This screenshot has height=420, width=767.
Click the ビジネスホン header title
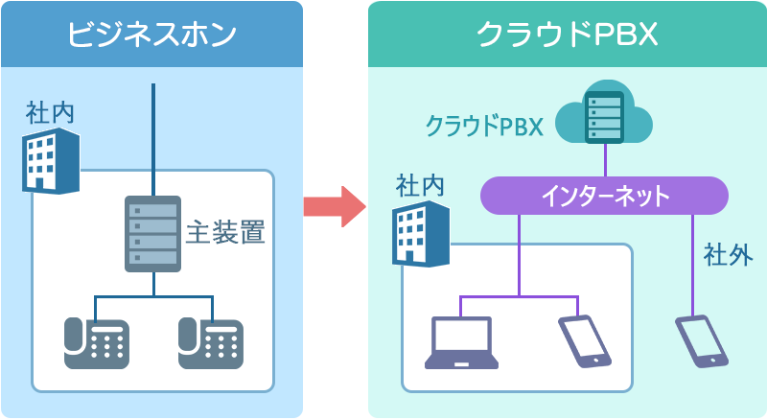pyautogui.click(x=151, y=35)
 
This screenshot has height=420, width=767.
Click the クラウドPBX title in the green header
pyautogui.click(x=566, y=35)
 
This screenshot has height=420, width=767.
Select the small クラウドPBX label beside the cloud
pyautogui.click(x=484, y=127)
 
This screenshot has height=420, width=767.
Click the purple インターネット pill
pyautogui.click(x=604, y=197)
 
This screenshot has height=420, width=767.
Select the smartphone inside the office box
pyautogui.click(x=585, y=339)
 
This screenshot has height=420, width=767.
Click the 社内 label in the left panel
pyautogui.click(x=50, y=113)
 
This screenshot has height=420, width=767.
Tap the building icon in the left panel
pyautogui.click(x=50, y=160)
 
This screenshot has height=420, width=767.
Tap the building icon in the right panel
pyautogui.click(x=420, y=233)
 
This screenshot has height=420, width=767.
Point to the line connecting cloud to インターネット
pyautogui.click(x=605, y=160)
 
